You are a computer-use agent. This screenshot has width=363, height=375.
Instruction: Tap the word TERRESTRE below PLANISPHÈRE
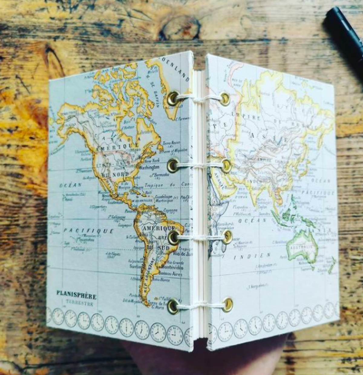[79, 304]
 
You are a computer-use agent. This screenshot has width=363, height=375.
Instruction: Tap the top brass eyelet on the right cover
[225, 98]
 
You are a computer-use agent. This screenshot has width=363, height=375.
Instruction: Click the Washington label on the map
[149, 167]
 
